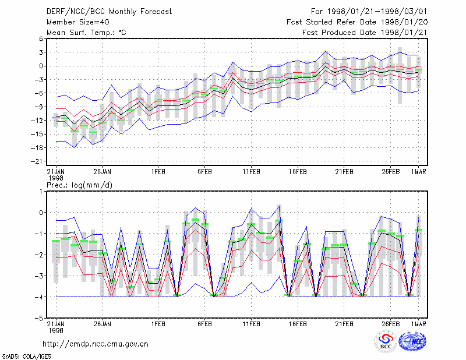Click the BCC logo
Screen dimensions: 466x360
pyautogui.click(x=386, y=341)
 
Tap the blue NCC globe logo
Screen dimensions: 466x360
pyautogui.click(x=412, y=341)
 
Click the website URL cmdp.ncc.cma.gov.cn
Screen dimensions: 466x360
pyautogui.click(x=96, y=344)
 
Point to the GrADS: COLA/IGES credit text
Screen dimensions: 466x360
pyautogui.click(x=26, y=357)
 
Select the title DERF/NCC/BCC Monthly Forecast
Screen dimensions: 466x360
pyautogui.click(x=109, y=12)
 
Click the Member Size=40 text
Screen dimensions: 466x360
pyautogui.click(x=78, y=22)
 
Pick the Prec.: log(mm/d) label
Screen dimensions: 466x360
pyautogui.click(x=79, y=185)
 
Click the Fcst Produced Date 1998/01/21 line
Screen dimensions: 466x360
pyautogui.click(x=365, y=33)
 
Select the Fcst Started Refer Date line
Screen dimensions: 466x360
pyautogui.click(x=357, y=22)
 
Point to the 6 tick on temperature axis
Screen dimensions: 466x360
pyautogui.click(x=41, y=38)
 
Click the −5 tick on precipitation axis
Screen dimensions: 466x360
pyautogui.click(x=39, y=318)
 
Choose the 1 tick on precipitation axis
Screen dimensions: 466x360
pyautogui.click(x=41, y=192)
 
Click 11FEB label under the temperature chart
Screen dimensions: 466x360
pyautogui.click(x=252, y=172)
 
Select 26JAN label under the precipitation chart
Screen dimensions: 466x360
pyautogui.click(x=103, y=324)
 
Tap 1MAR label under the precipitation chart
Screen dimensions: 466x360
pyautogui.click(x=419, y=324)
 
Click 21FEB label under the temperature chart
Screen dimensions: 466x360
pyautogui.click(x=344, y=172)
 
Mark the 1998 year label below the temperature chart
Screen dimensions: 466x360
pyautogui.click(x=56, y=178)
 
